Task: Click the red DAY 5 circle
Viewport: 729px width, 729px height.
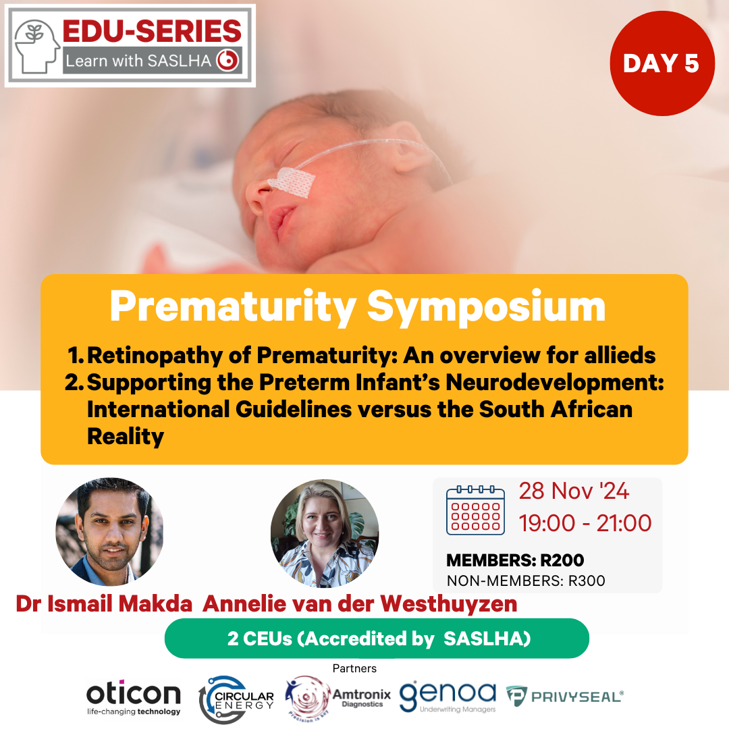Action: pyautogui.click(x=662, y=63)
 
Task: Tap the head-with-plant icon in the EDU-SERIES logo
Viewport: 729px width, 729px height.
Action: pyautogui.click(x=36, y=46)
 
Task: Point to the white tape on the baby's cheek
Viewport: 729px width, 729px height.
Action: pyautogui.click(x=292, y=182)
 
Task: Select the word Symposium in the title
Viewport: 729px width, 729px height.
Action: pyautogui.click(x=486, y=306)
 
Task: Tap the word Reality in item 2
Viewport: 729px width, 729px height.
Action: pyautogui.click(x=126, y=437)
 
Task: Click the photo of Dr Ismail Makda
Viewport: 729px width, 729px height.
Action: pyautogui.click(x=110, y=531)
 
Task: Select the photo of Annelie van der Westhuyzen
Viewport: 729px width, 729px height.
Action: pyautogui.click(x=325, y=534)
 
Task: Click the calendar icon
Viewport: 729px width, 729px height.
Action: pyautogui.click(x=475, y=510)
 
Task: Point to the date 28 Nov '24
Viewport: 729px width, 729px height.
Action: pyautogui.click(x=574, y=491)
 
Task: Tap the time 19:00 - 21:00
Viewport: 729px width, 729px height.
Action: pyautogui.click(x=585, y=523)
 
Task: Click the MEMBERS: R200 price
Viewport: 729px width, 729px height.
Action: pyautogui.click(x=515, y=560)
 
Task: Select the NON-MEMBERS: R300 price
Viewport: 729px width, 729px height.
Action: pyautogui.click(x=526, y=580)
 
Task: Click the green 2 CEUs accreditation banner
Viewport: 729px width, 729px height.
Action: pyautogui.click(x=377, y=639)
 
